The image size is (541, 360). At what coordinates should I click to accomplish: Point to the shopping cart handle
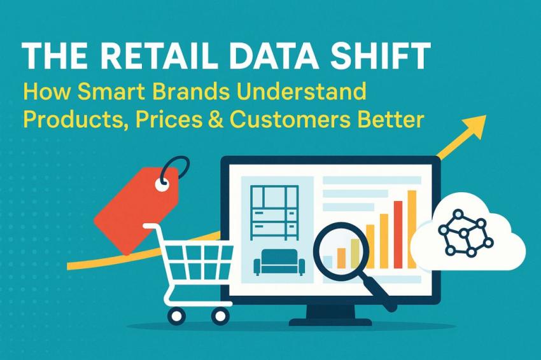tap(152, 226)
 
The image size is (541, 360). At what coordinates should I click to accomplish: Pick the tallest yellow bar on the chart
tap(411, 229)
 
